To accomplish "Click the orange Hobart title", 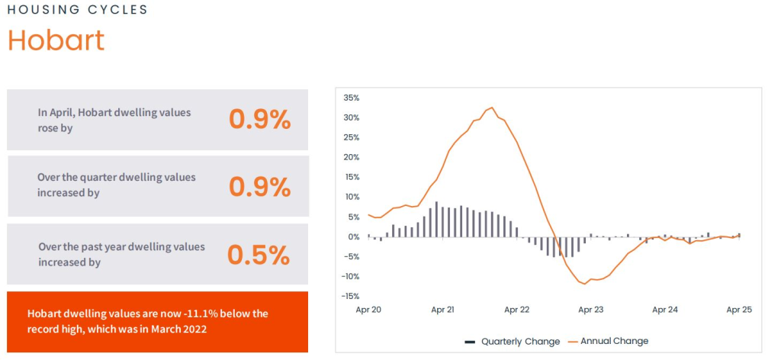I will (56, 40).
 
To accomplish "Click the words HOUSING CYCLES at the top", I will (77, 10).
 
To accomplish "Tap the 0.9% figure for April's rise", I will (259, 119).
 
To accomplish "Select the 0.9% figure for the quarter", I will (259, 186).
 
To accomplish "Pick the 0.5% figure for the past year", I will (259, 255).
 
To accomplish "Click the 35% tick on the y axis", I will (351, 98).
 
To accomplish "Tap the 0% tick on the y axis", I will (354, 236).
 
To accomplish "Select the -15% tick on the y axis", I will (350, 296).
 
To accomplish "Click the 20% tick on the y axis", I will (351, 157).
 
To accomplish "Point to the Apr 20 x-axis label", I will (368, 310).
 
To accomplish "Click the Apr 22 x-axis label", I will (516, 310).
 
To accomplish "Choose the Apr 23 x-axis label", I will (590, 310).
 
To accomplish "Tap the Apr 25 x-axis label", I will (738, 310).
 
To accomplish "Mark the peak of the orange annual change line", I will (492, 108).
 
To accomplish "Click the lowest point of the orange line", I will (585, 284).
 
